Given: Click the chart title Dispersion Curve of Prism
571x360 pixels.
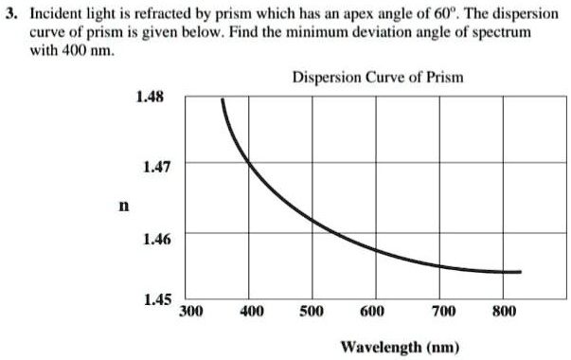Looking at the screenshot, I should pos(377,76).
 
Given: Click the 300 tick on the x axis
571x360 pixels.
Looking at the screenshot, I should pos(191,311).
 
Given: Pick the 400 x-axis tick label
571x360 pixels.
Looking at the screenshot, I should pos(251,311).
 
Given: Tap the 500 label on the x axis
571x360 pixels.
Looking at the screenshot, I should pos(312,311).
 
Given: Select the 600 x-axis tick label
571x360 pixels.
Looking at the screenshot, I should pos(373,311).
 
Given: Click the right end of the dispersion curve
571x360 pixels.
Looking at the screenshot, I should pos(520,272).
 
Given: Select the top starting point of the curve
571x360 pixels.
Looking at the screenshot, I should pos(223,99).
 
